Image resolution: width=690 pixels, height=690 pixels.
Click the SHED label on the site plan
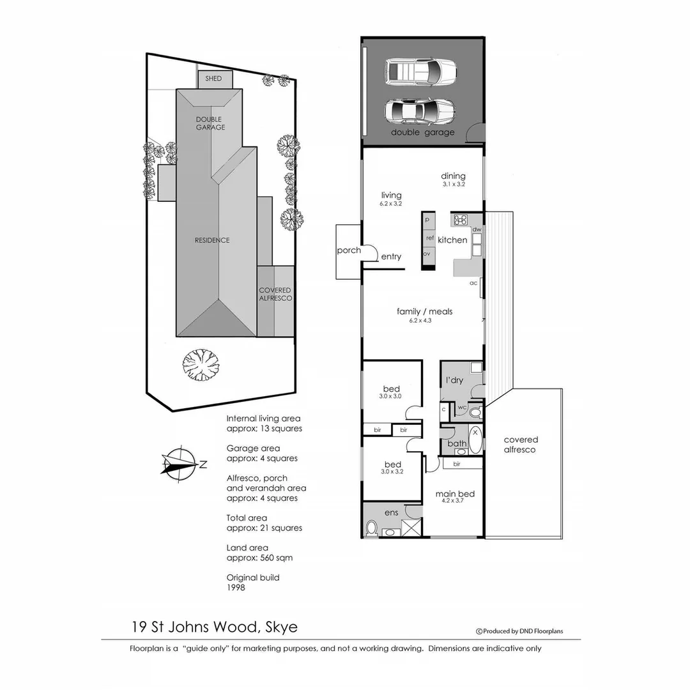(213, 79)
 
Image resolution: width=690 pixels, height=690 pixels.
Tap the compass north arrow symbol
(180, 462)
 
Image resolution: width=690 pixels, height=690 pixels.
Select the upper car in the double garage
(421, 72)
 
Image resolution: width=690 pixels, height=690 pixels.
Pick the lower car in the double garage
(419, 111)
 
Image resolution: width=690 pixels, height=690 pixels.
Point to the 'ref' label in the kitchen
(429, 238)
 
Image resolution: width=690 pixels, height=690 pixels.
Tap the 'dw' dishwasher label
(477, 229)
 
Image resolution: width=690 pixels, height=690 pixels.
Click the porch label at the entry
(349, 250)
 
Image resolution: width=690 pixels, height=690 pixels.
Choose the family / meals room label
(424, 312)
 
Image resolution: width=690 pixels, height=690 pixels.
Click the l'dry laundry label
(454, 380)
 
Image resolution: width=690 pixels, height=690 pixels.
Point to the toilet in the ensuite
(371, 528)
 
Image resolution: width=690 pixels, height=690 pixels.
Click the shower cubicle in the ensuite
(411, 527)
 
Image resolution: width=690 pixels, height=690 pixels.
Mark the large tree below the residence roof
(201, 365)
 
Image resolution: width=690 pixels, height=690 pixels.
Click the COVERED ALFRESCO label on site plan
(275, 295)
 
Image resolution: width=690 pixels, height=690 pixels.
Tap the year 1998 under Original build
(236, 587)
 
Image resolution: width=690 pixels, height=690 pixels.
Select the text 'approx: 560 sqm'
(259, 558)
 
